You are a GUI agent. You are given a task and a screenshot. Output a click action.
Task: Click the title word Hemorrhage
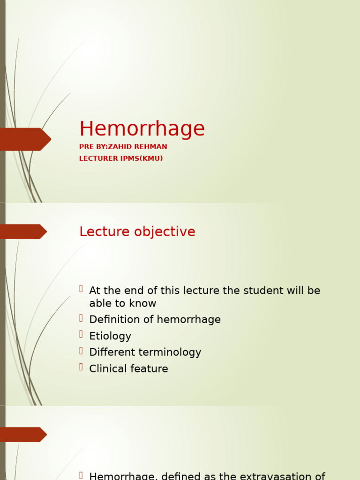142,129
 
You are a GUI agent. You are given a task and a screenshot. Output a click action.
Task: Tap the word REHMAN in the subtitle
151,147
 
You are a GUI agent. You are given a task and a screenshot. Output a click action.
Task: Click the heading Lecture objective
137,232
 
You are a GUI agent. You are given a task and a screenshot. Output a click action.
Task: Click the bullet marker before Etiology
81,335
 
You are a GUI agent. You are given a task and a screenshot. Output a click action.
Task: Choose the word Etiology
110,336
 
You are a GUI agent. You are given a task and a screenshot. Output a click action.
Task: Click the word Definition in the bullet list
111,320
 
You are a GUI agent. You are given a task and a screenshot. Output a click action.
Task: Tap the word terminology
174,352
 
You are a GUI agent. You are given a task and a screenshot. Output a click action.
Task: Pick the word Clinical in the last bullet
107,369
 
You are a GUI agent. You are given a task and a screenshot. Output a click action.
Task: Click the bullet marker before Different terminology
81,351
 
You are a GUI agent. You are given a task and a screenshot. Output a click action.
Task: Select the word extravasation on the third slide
279,476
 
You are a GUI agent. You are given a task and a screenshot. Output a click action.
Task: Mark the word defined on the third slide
166,476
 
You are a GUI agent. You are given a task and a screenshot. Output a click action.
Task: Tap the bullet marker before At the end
81,289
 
